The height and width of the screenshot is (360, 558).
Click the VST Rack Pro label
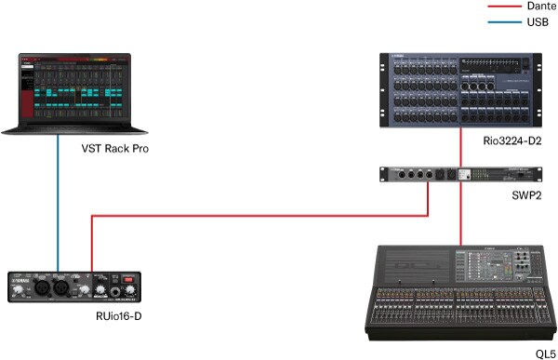point(116,149)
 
